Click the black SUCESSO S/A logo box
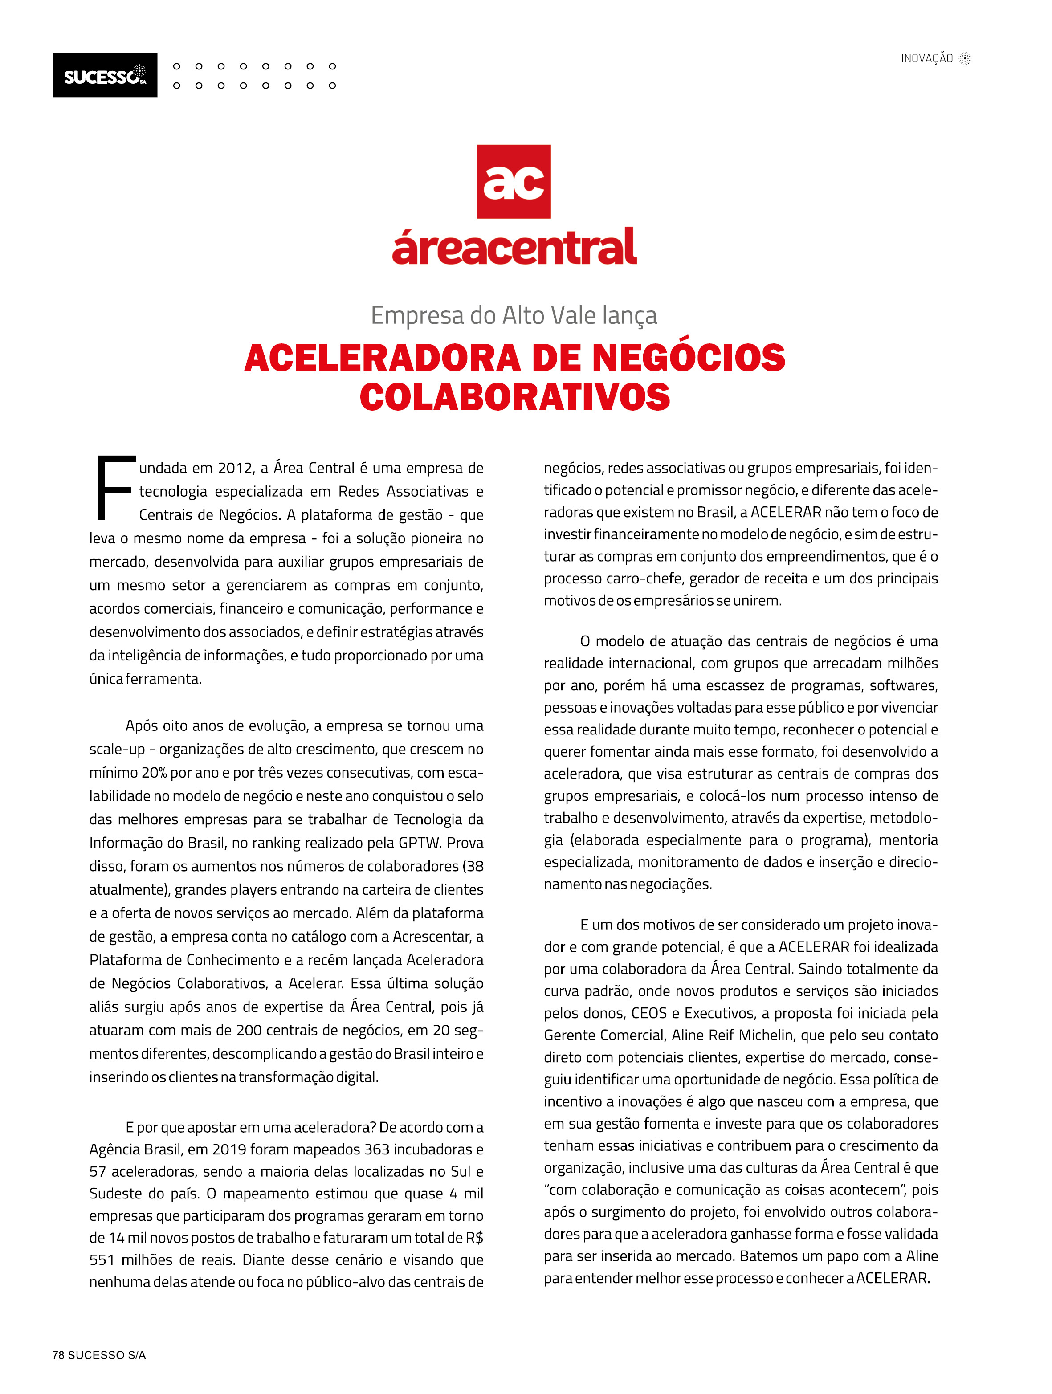tap(105, 75)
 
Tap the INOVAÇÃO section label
tap(926, 59)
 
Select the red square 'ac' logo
tap(513, 182)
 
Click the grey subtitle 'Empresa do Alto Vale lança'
tap(513, 315)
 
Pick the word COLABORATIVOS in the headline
tap(514, 397)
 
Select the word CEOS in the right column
tap(648, 1013)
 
